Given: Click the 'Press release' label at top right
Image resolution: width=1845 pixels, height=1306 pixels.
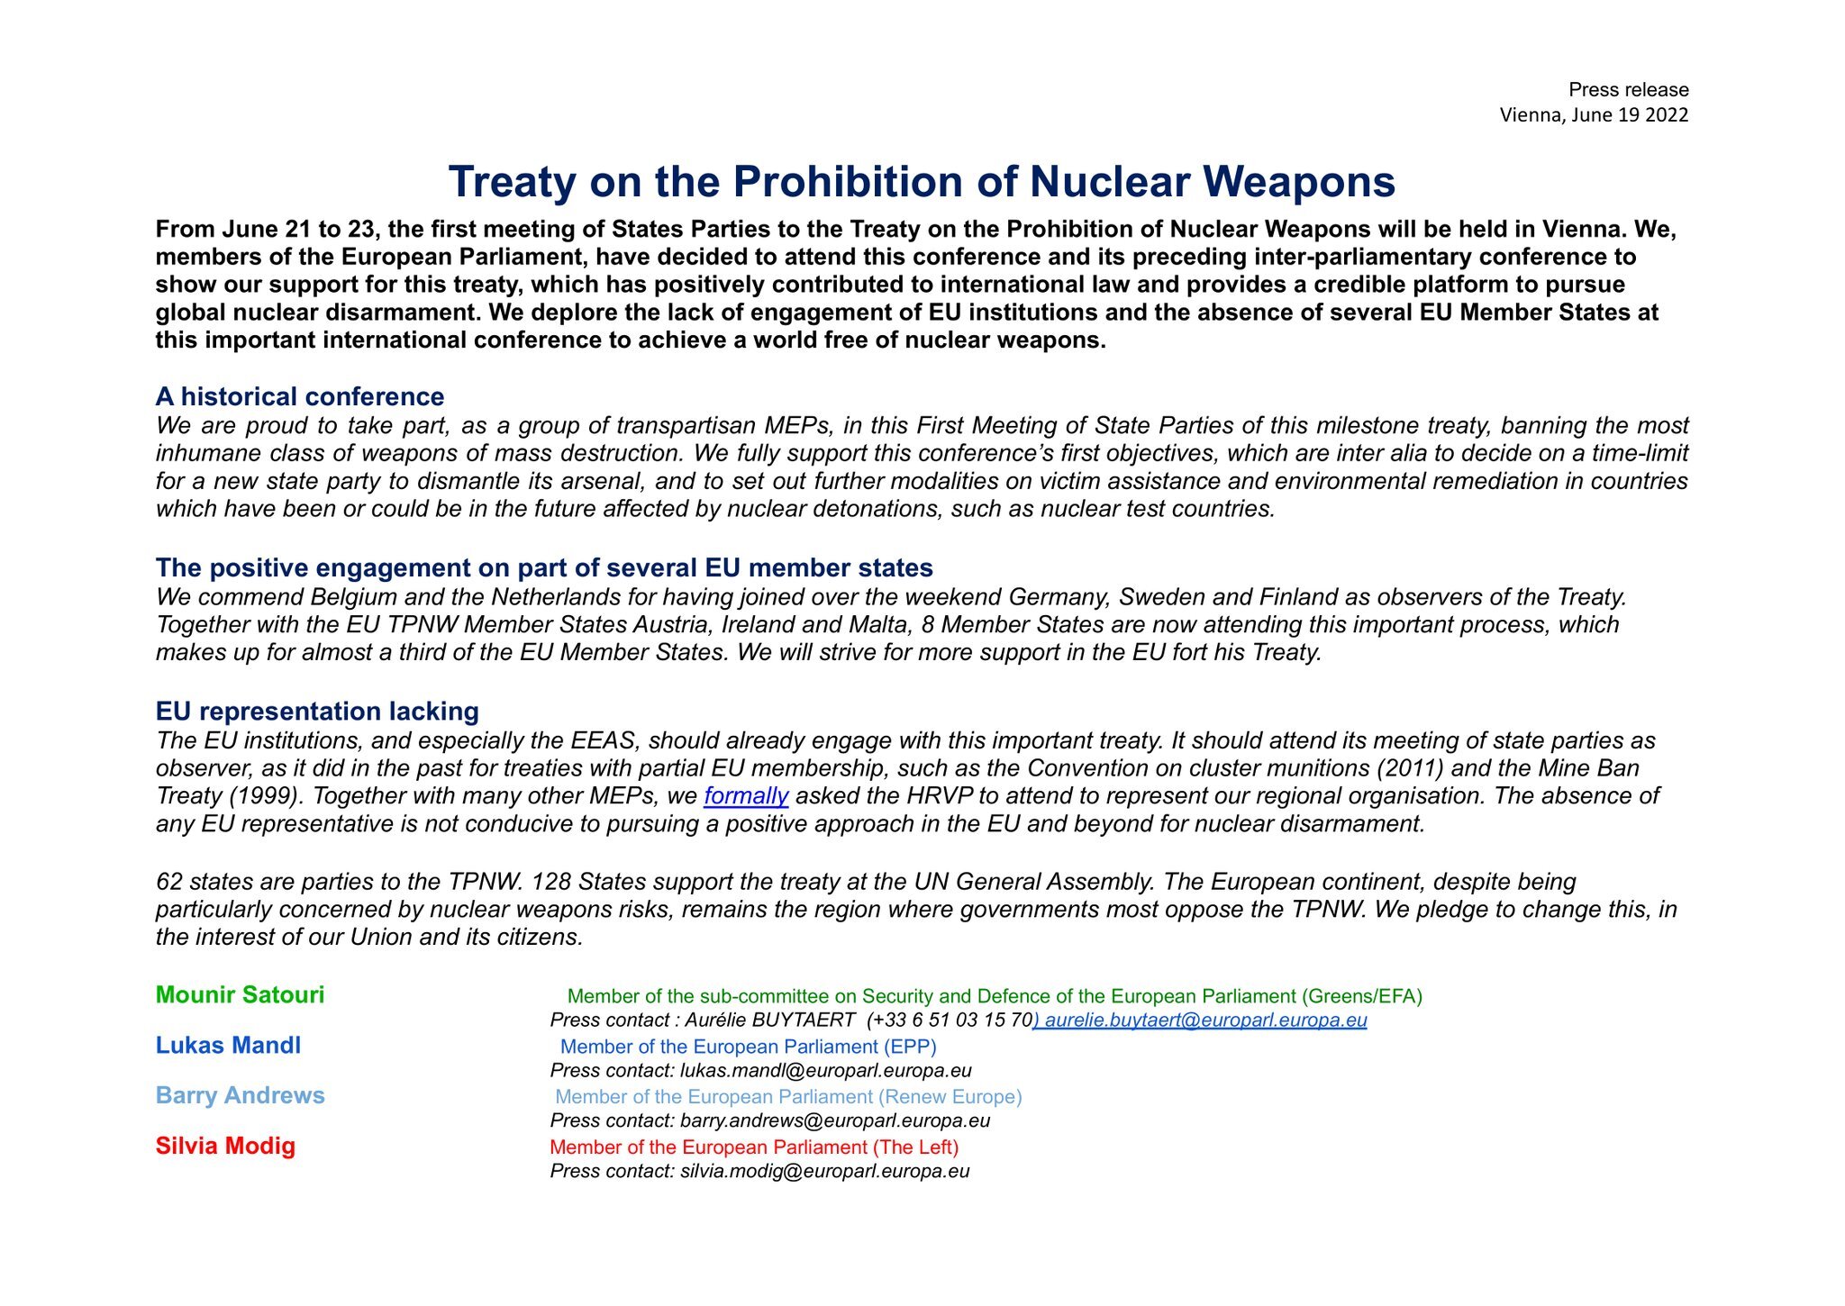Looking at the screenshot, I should [x=1628, y=90].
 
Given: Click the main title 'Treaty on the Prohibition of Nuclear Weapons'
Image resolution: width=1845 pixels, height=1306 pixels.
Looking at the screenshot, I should [x=922, y=182].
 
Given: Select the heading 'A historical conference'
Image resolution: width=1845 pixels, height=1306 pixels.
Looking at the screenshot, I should [x=300, y=397].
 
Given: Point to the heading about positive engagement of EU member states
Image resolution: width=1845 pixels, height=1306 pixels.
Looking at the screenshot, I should [x=544, y=568].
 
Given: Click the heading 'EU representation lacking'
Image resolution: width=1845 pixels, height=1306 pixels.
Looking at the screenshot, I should [x=317, y=712].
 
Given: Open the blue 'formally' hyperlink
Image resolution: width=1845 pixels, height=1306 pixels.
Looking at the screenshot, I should [x=746, y=796].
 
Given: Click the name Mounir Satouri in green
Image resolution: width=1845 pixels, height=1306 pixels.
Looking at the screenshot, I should [x=240, y=995].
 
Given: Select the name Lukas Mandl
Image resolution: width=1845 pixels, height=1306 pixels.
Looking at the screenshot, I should [x=228, y=1046].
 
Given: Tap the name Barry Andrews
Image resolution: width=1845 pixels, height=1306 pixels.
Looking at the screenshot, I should [x=240, y=1096].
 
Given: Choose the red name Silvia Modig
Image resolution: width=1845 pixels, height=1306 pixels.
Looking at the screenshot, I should [x=225, y=1147].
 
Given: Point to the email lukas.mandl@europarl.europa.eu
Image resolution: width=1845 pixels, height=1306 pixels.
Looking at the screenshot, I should [x=825, y=1071].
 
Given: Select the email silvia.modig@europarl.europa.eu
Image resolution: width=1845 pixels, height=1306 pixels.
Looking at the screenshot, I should [x=824, y=1172].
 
